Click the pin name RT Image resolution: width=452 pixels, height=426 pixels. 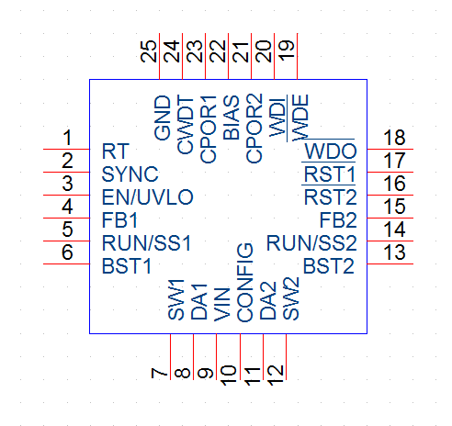(116, 151)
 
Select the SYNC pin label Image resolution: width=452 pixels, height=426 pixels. (130, 174)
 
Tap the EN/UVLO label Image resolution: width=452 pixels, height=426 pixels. (148, 197)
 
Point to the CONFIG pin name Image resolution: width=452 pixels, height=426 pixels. (245, 283)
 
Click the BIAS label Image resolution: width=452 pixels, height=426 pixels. (232, 118)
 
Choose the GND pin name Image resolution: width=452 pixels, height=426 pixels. (163, 118)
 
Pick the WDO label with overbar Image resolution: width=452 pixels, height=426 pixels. (331, 151)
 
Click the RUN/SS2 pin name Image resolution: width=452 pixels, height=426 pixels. (311, 243)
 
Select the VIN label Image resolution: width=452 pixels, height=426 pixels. (222, 305)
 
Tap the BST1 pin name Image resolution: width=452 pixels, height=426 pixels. (127, 266)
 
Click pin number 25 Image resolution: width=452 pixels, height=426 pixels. (149, 51)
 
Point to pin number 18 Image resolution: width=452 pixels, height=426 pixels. (394, 138)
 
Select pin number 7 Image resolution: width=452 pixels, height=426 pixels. (159, 373)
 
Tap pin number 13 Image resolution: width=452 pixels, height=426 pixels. (394, 252)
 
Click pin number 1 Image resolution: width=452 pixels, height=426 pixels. (67, 138)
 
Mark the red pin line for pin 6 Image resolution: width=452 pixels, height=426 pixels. (66, 263)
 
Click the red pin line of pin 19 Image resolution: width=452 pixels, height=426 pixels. (297, 56)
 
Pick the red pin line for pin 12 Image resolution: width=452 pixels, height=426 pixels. (286, 357)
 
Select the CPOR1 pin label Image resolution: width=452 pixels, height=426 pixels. (209, 129)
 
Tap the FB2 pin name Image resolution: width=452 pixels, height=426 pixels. (338, 220)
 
